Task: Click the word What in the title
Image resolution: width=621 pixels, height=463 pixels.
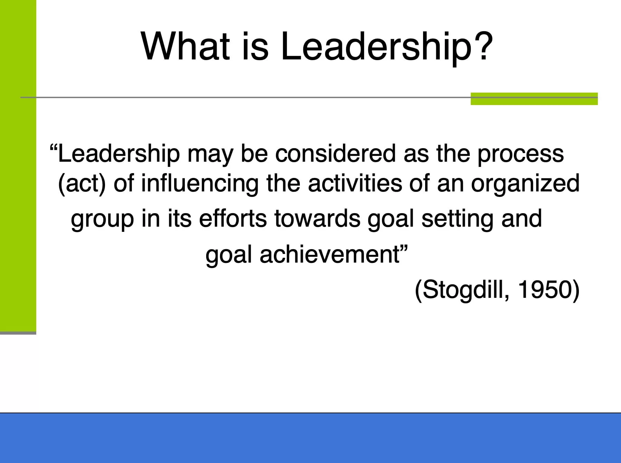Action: click(x=185, y=46)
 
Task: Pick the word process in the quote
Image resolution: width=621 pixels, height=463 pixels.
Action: click(x=521, y=155)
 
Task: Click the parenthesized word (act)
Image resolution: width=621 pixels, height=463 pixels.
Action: click(x=82, y=183)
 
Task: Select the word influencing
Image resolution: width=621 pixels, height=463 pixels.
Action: click(x=200, y=183)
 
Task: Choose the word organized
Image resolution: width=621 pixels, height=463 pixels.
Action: click(x=525, y=184)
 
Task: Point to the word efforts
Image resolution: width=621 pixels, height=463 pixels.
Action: click(x=233, y=218)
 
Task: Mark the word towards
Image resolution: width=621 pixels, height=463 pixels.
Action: click(x=317, y=219)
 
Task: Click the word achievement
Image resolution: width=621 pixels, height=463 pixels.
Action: click(x=329, y=254)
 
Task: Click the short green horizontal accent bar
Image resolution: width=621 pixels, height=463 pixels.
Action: click(x=534, y=99)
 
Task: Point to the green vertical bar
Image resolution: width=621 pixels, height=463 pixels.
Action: click(x=18, y=166)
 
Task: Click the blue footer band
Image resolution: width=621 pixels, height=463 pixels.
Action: click(x=310, y=438)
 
